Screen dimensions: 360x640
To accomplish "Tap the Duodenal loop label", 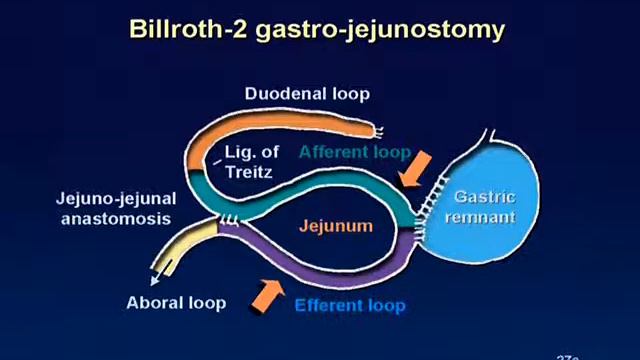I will point(307,94).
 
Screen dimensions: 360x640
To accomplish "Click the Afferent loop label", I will point(355,152).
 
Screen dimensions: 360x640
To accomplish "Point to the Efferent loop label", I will point(350,305).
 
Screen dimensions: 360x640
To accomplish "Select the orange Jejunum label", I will point(335,226).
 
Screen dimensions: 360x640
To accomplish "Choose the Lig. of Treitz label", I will point(251,162).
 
